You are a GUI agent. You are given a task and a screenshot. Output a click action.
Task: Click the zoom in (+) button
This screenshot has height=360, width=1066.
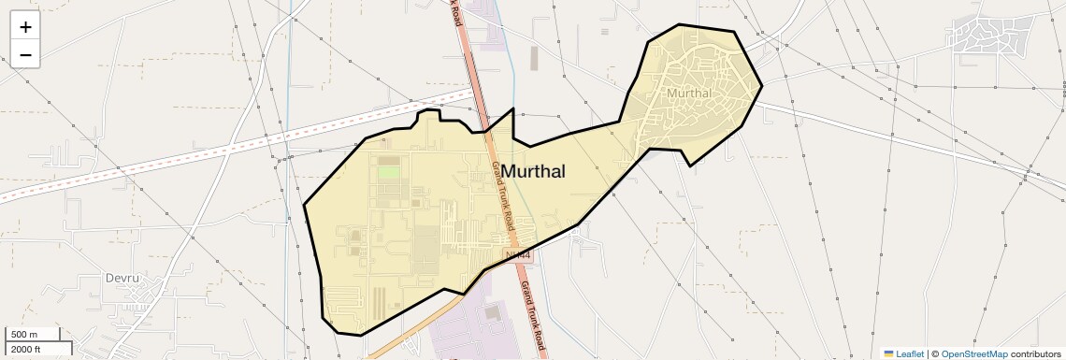[25, 26]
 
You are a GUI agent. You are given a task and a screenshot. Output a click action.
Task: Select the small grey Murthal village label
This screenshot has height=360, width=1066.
[689, 93]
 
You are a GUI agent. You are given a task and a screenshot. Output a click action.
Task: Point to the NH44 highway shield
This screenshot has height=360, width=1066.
[516, 254]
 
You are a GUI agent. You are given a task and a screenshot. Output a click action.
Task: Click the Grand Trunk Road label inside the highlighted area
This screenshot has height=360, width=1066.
[503, 195]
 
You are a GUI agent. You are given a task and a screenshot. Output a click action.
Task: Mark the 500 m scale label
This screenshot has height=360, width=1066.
[25, 335]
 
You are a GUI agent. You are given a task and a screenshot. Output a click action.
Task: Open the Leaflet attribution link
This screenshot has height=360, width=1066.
[910, 353]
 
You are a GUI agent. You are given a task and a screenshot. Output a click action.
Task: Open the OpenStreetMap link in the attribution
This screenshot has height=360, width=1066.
[973, 353]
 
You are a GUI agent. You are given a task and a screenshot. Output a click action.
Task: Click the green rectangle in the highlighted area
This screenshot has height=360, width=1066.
[388, 172]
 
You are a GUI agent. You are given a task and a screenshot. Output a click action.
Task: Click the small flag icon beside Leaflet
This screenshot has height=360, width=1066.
[888, 353]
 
